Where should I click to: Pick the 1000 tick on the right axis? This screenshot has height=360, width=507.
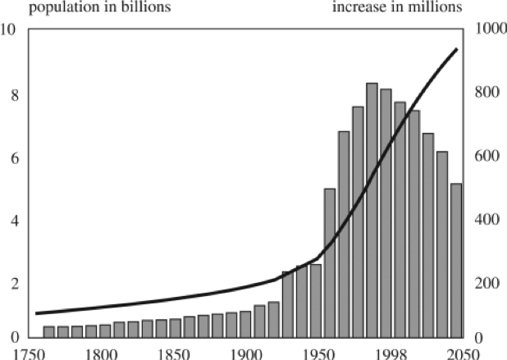[x=484, y=30]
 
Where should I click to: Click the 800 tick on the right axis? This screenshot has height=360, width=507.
[x=482, y=94]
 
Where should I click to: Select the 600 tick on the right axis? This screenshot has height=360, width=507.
[x=482, y=157]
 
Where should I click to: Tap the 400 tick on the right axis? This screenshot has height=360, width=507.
[x=482, y=221]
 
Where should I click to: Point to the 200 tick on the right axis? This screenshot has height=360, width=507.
[x=482, y=284]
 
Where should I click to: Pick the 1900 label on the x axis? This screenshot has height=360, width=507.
[x=244, y=353]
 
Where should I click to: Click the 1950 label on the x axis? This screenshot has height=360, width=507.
[x=315, y=353]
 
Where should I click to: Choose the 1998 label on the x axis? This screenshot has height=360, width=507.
[x=386, y=353]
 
